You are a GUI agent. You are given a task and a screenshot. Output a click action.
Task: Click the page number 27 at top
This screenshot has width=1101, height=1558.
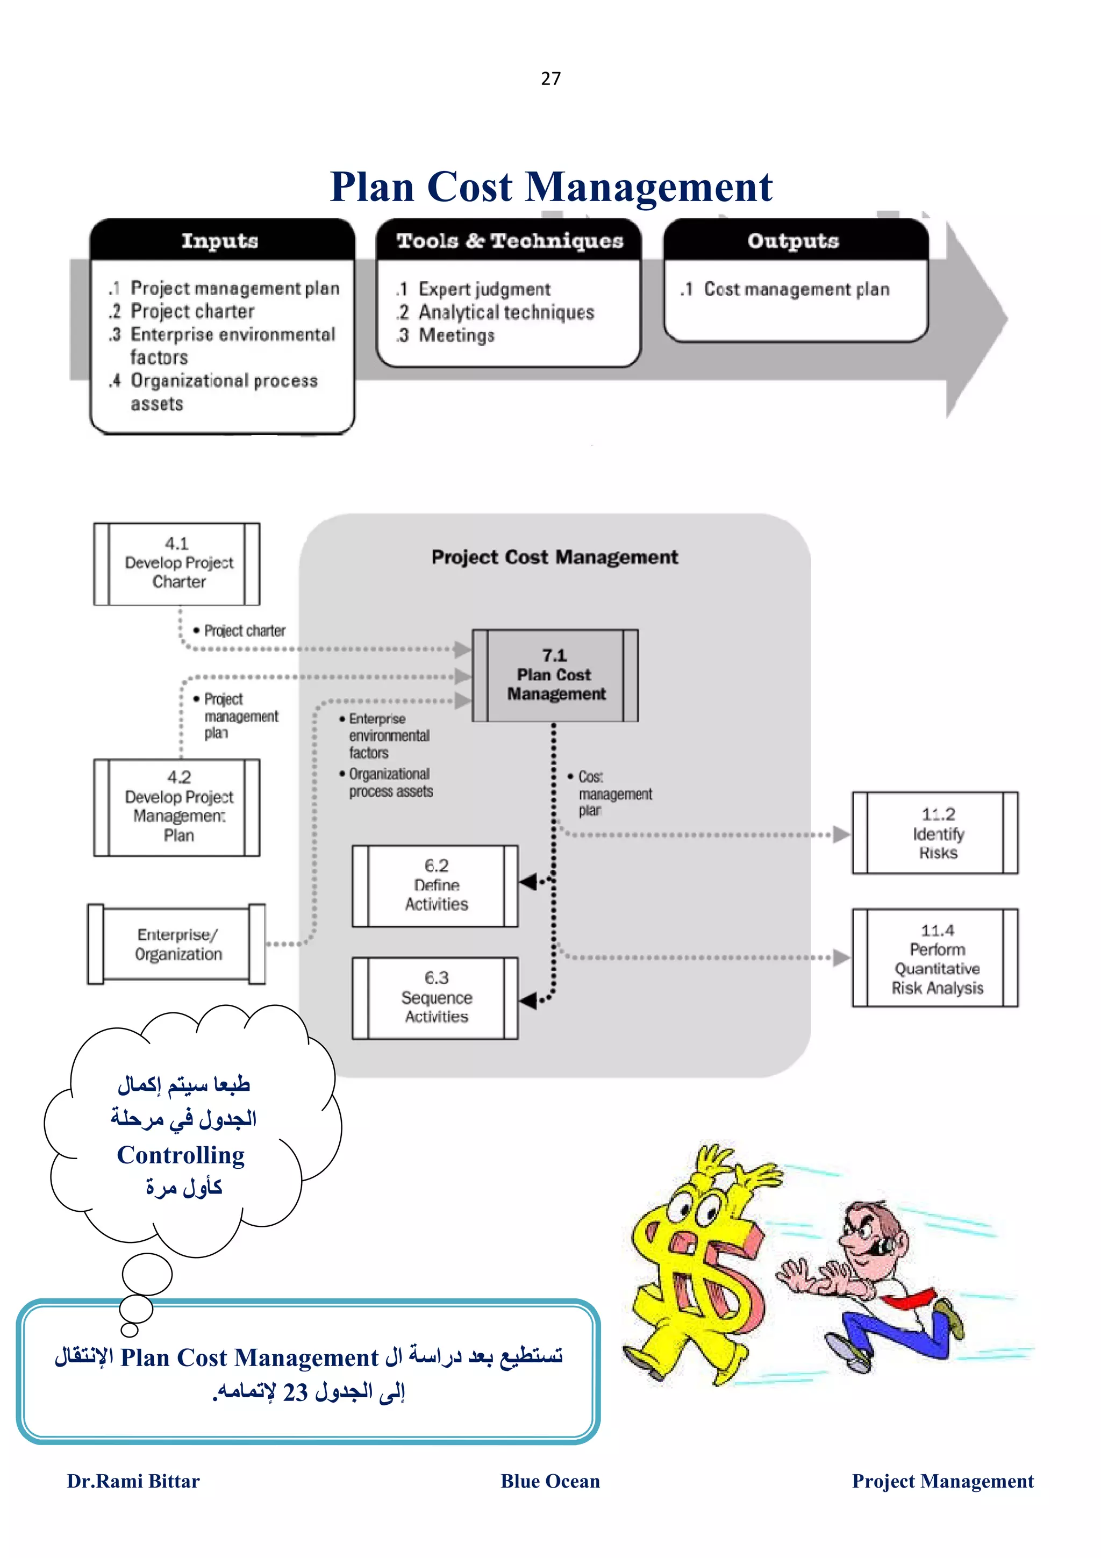550,78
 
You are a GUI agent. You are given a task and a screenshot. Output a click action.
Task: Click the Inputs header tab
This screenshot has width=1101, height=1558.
220,241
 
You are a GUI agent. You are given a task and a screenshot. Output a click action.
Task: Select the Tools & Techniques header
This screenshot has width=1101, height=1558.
510,241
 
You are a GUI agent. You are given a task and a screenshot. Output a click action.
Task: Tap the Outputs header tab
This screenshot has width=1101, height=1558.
793,241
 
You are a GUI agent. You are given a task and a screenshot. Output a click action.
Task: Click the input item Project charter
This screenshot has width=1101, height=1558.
192,311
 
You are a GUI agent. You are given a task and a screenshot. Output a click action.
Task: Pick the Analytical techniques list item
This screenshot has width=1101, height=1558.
505,312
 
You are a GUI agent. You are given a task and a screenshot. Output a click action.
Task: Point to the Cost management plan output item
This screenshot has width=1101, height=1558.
796,290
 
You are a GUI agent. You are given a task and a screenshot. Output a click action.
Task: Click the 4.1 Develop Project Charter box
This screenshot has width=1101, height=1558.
177,563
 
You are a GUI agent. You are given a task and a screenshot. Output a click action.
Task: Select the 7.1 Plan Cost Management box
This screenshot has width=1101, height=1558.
555,675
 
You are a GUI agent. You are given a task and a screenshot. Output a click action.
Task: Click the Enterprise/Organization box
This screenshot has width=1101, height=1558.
177,944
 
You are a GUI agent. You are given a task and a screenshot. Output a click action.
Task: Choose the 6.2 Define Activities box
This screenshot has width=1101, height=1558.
435,885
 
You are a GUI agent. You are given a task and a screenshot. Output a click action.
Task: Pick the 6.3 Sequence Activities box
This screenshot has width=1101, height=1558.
435,997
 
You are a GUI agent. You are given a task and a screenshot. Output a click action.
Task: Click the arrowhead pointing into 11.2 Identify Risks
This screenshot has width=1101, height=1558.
841,834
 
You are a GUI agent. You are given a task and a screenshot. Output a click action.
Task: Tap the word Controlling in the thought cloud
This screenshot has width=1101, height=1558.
181,1155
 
